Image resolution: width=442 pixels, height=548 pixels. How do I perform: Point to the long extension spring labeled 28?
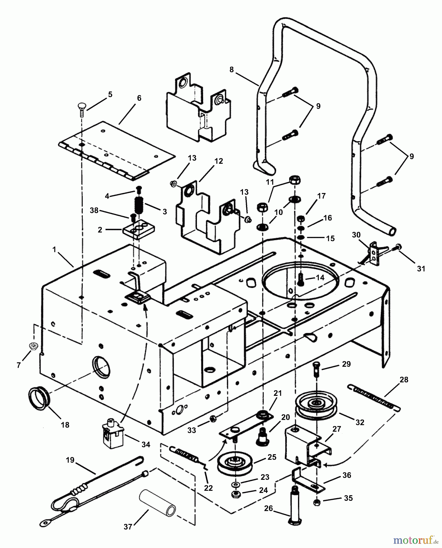pos(374,398)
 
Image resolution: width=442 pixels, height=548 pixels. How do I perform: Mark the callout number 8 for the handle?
pos(232,70)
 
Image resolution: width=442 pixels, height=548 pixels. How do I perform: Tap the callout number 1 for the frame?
pos(54,250)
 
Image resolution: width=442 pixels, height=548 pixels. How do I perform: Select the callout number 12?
pos(219,161)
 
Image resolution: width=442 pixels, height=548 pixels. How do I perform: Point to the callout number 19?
pos(70,460)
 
